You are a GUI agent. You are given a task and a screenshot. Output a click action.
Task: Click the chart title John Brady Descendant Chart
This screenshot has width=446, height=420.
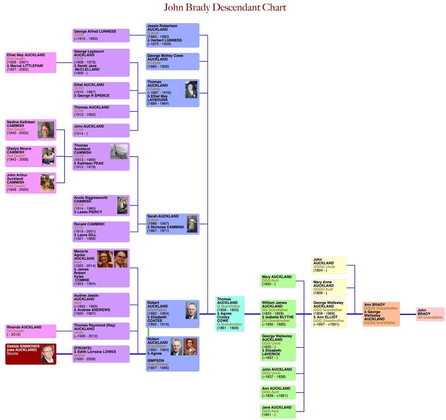(225, 8)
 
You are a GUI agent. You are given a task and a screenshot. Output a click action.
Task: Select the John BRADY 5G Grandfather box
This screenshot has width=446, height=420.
(430, 314)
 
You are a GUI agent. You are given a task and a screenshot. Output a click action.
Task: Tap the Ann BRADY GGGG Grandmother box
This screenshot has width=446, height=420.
(381, 314)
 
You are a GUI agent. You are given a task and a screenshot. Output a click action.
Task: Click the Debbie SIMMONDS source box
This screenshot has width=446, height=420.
(30, 354)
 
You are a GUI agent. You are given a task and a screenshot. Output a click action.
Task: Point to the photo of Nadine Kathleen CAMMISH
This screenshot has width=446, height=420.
(46, 130)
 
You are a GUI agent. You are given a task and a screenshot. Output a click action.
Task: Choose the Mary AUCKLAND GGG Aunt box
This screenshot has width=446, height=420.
(278, 281)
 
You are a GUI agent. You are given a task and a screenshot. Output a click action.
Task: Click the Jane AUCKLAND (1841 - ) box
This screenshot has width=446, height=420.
(278, 411)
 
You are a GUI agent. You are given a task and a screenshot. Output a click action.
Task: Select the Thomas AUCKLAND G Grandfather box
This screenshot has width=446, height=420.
(230, 314)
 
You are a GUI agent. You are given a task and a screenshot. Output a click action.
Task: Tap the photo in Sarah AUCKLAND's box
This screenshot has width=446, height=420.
(192, 224)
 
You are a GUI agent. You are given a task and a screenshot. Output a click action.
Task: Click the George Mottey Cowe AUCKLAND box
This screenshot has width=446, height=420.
(172, 61)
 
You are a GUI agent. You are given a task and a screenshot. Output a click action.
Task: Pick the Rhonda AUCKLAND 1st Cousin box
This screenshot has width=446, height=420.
(30, 331)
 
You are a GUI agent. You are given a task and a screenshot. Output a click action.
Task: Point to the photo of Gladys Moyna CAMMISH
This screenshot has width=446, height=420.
(48, 156)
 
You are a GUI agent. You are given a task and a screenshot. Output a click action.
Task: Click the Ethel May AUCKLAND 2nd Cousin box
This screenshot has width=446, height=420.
(30, 62)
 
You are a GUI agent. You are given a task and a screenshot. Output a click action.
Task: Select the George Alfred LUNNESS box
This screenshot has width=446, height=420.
(101, 35)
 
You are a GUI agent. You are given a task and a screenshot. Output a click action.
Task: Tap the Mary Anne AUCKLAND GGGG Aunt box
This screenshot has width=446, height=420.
(329, 288)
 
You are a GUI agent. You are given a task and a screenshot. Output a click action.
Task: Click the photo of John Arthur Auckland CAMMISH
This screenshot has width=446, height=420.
(48, 183)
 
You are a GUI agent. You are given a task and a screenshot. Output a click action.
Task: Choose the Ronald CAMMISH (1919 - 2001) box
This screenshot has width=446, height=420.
(101, 232)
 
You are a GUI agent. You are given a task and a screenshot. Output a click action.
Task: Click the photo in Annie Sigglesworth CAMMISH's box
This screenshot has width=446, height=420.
(122, 205)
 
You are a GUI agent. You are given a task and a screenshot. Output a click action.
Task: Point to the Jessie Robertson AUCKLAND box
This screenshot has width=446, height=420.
(172, 35)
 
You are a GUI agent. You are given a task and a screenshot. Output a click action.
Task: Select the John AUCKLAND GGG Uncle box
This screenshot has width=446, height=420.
(278, 373)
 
